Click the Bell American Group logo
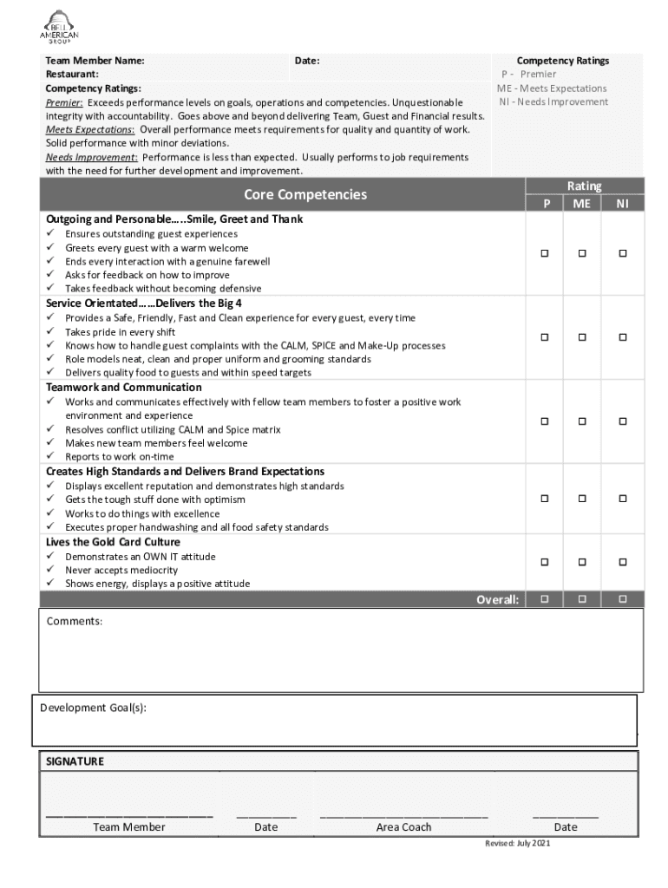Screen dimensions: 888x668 59,28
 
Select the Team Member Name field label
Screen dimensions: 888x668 95,61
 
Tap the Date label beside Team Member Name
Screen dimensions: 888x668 307,61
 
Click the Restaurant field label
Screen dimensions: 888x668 72,75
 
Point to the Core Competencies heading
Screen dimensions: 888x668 305,194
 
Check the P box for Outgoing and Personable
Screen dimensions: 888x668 546,253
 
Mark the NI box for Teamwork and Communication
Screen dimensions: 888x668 622,421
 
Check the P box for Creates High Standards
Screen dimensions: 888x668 546,499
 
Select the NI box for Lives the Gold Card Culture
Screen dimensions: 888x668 622,562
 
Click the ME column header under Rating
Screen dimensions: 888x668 581,204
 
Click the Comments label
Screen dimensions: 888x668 75,622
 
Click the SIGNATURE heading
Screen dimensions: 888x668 75,761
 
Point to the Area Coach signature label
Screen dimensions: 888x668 403,827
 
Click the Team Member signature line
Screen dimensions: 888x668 129,816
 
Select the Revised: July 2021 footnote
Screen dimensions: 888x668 517,844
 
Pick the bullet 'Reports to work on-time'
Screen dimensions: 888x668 120,457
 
